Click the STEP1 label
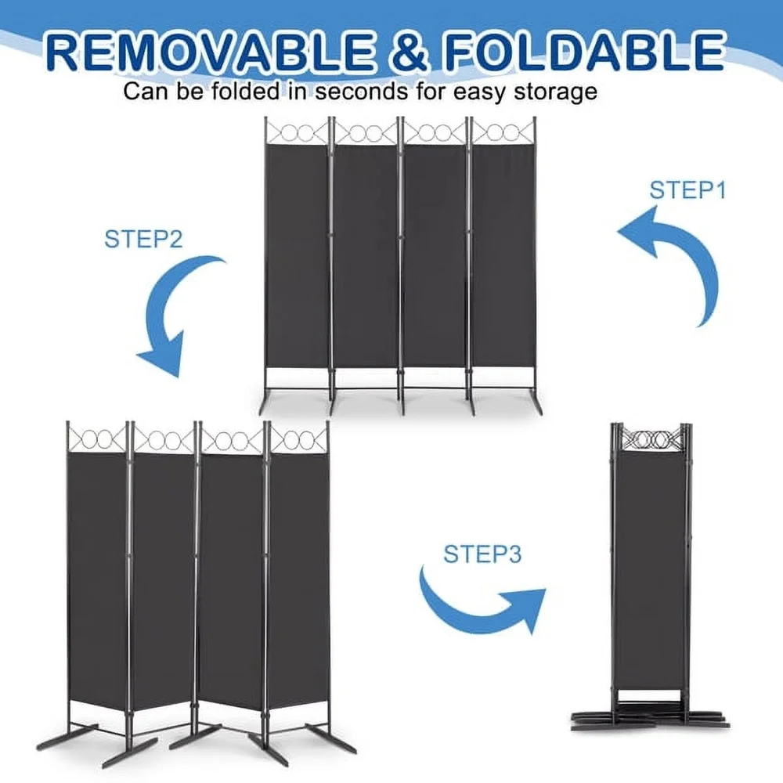click(688, 190)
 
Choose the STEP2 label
click(143, 238)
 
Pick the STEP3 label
click(482, 554)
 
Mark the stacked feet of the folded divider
click(650, 716)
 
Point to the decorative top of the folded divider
click(650, 438)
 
